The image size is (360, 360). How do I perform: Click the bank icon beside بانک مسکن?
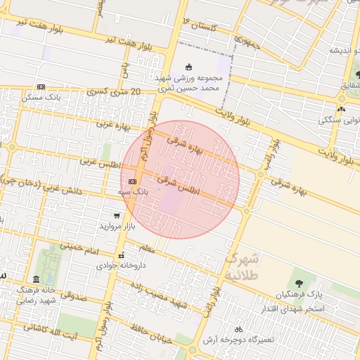[41, 86]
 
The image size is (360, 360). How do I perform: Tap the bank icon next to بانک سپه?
[132, 181]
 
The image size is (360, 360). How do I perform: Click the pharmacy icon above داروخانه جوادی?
[122, 255]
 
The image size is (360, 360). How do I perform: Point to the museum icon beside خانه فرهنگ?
[37, 279]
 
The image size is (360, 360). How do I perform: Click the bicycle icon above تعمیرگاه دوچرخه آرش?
[238, 328]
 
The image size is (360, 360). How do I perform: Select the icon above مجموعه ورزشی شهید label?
[188, 66]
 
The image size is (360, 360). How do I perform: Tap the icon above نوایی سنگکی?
[341, 109]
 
